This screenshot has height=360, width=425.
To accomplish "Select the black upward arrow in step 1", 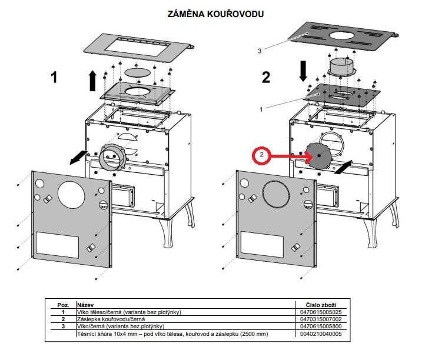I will (x=92, y=80).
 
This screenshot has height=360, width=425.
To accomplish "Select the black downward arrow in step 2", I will (x=303, y=71).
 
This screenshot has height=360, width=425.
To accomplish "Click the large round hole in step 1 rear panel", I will (x=71, y=194).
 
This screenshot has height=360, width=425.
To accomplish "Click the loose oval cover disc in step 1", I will (x=139, y=72).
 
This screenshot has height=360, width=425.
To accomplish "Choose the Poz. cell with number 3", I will (x=62, y=326).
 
